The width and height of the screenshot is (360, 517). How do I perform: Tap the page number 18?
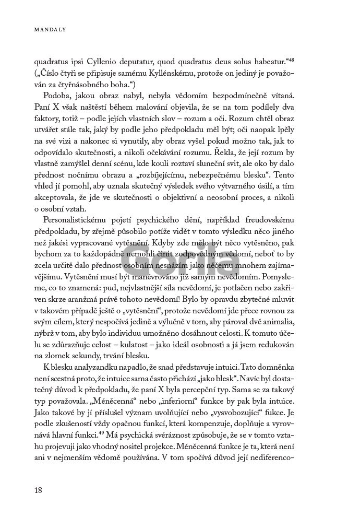coord(38,490)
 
